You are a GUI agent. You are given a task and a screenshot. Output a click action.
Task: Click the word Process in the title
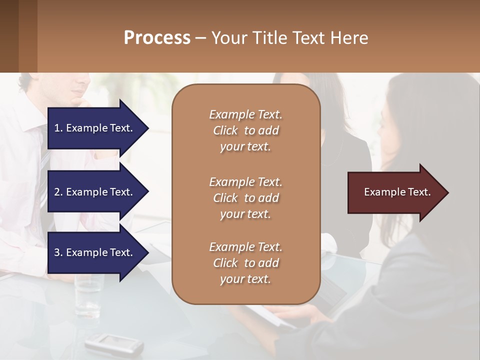tap(157, 38)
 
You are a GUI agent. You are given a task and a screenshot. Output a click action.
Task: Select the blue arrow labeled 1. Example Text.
tap(95, 128)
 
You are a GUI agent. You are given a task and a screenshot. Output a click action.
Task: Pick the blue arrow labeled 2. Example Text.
tap(95, 192)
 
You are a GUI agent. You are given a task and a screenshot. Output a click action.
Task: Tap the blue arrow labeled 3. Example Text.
tap(95, 252)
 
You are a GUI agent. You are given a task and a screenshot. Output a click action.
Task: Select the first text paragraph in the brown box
tap(245, 130)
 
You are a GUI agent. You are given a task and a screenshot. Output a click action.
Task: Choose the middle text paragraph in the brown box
tap(245, 198)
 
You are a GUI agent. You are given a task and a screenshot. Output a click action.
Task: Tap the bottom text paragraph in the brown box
tap(245, 263)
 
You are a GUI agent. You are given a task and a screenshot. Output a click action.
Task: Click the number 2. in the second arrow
tap(58, 192)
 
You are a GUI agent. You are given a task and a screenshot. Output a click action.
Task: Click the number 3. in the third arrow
tap(58, 252)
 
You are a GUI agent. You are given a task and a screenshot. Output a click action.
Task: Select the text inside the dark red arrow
tap(397, 192)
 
